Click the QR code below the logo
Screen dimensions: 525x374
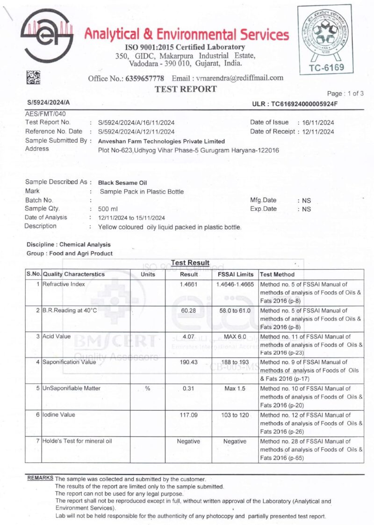tap(33, 77)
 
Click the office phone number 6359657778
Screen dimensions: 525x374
tap(144, 78)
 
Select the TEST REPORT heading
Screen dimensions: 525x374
tap(186, 89)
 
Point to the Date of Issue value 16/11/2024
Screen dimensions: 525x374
tap(318, 123)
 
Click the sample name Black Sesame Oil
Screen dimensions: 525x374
tap(122, 182)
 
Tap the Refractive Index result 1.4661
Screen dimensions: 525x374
tap(189, 284)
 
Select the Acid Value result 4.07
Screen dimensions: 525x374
tap(189, 336)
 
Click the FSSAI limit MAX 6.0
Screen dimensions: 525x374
tap(235, 336)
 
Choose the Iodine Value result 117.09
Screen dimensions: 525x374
tap(189, 415)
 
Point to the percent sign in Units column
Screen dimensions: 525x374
tap(147, 388)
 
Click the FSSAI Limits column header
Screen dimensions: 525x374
tap(236, 274)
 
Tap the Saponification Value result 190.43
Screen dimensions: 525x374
tap(189, 362)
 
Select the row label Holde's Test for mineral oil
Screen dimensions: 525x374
tap(77, 441)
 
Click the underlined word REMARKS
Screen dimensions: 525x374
tap(40, 478)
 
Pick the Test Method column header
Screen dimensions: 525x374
tap(277, 274)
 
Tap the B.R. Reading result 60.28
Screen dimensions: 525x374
tap(189, 310)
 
